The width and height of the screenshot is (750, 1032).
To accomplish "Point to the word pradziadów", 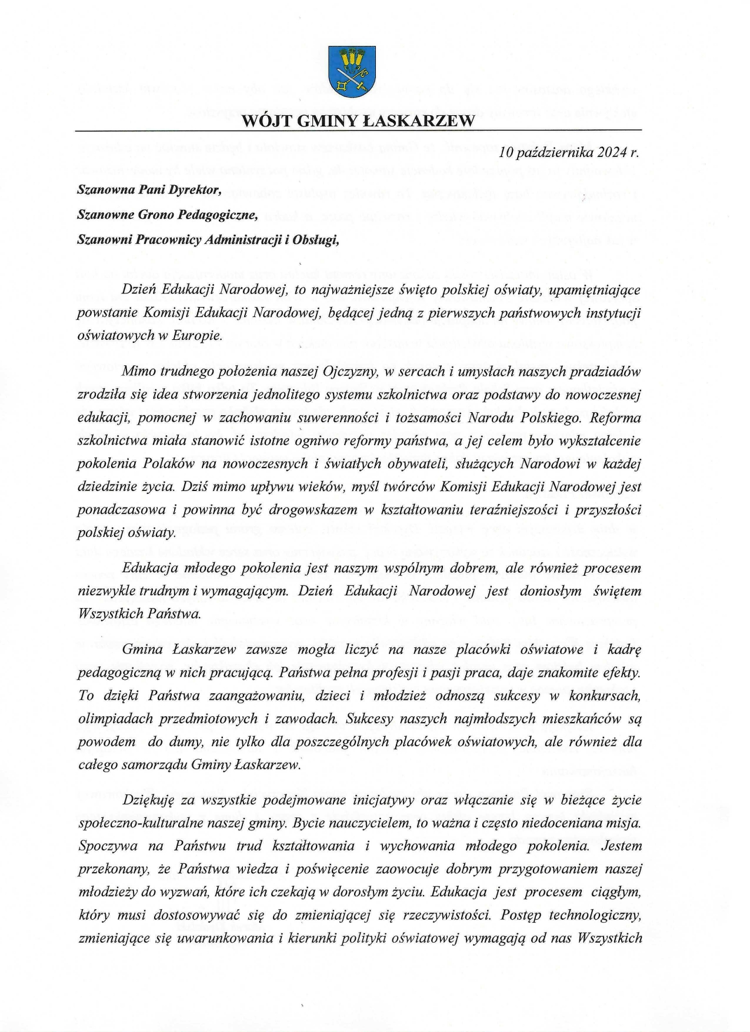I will [608, 372].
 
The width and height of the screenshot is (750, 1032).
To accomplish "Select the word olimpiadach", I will [112, 719].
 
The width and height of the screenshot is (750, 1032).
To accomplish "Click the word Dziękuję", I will [148, 801].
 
